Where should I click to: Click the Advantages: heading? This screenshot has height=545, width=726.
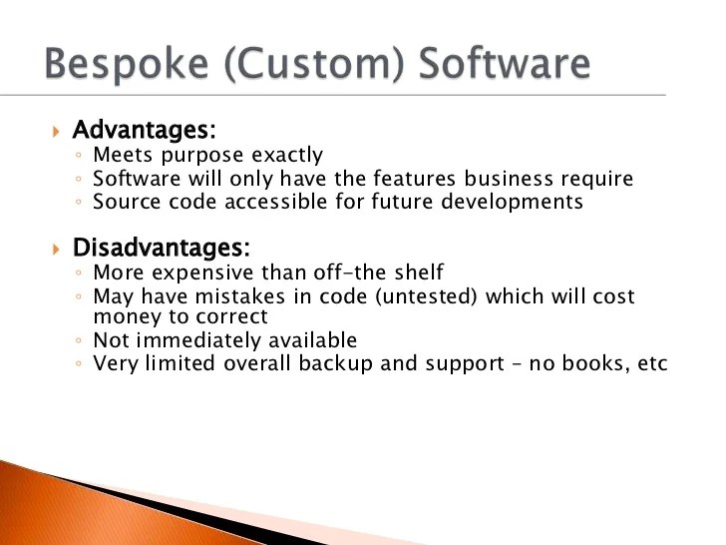tap(145, 131)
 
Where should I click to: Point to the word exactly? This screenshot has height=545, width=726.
tap(285, 155)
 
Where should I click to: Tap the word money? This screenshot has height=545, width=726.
tap(123, 316)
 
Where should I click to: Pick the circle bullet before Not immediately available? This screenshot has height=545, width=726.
tap(78, 341)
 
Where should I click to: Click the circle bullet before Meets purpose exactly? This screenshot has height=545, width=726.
tap(78, 156)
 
